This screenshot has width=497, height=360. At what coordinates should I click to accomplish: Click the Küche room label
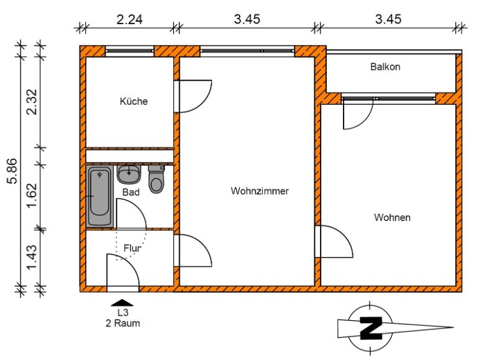point(134,101)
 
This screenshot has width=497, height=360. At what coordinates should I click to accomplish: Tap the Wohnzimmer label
point(260,191)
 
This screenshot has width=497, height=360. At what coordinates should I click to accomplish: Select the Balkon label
point(385,67)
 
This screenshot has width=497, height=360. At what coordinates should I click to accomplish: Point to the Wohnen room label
point(392,217)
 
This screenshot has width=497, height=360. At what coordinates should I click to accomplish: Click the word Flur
point(132,248)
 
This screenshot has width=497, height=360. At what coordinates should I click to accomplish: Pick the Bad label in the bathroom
point(131,192)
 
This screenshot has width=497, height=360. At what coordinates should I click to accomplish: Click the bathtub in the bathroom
point(100,196)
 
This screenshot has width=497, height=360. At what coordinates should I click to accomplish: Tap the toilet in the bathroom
point(157,179)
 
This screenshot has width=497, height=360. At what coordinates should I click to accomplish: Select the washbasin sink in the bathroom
point(129,174)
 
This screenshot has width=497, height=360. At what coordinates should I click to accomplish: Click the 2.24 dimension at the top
point(130,20)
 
